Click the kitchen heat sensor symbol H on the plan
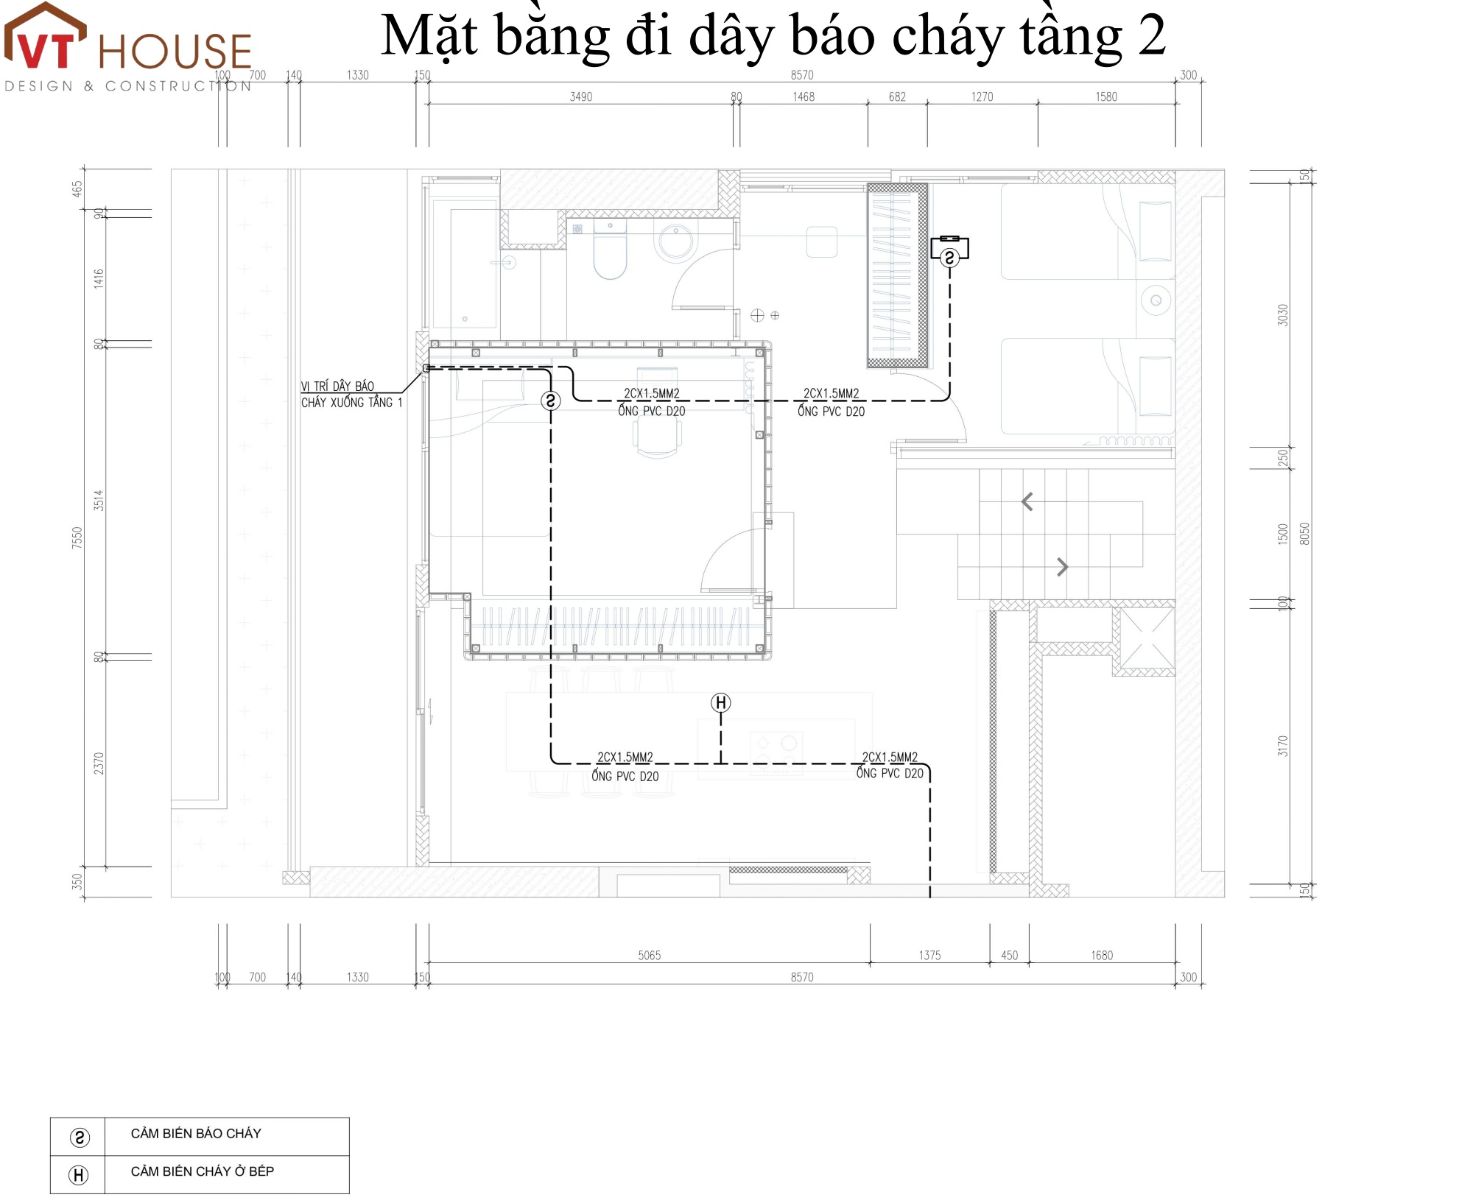click(x=721, y=703)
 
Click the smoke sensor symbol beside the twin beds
click(x=949, y=258)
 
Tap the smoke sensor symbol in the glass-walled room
click(x=551, y=401)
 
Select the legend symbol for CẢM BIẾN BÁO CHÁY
click(x=80, y=1137)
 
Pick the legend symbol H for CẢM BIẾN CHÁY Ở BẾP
click(x=78, y=1175)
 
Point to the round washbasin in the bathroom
click(x=675, y=241)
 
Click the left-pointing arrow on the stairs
click(x=1027, y=502)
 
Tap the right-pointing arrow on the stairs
click(x=1062, y=567)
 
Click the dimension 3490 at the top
click(x=581, y=96)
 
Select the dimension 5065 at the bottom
click(x=649, y=955)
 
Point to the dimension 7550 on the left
click(x=77, y=537)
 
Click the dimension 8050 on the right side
click(x=1304, y=534)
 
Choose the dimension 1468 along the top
click(x=804, y=96)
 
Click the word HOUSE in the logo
click(x=175, y=52)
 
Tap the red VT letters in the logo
click(x=46, y=50)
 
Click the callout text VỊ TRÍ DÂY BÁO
click(x=337, y=387)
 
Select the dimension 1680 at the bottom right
click(x=1102, y=955)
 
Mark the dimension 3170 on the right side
click(x=1283, y=746)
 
